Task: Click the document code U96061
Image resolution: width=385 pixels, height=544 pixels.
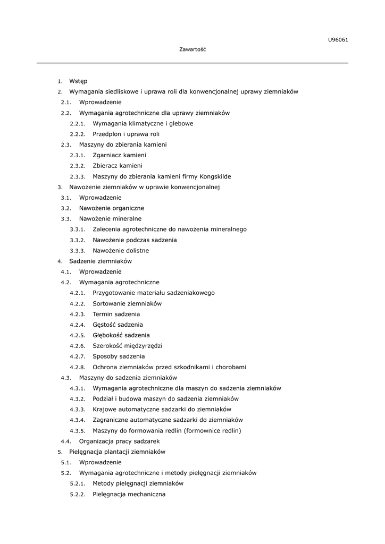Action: click(338, 39)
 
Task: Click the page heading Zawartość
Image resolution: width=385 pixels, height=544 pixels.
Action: click(192, 49)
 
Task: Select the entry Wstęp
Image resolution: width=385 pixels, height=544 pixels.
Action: click(78, 81)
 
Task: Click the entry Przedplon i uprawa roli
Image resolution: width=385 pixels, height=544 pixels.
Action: click(126, 134)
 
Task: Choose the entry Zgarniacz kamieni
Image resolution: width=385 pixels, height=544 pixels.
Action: click(119, 155)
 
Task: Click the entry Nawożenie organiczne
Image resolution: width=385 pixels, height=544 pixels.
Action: click(112, 208)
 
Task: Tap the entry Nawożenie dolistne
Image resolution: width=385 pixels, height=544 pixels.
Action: click(121, 251)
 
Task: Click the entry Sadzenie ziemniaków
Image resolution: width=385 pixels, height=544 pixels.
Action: click(101, 261)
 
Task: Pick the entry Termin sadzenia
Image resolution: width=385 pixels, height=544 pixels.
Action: click(116, 314)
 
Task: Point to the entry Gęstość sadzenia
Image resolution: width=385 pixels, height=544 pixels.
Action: click(118, 325)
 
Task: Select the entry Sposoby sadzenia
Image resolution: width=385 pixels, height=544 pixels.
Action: click(119, 356)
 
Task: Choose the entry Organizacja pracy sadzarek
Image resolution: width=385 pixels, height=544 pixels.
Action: click(120, 441)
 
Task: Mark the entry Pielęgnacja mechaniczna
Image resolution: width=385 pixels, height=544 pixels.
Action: click(129, 494)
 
